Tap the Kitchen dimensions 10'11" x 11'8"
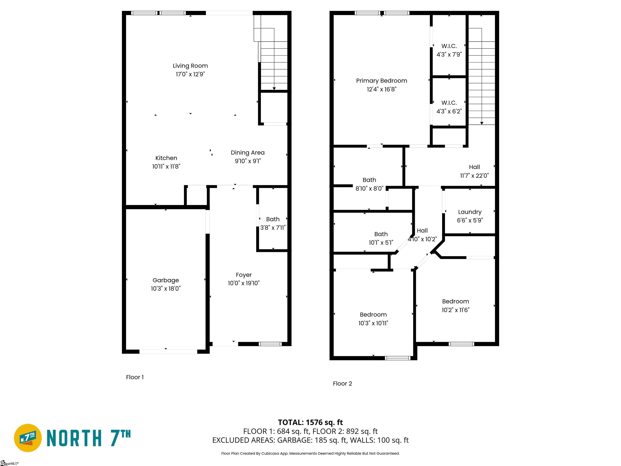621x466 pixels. click(x=166, y=166)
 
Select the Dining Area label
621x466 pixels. click(x=248, y=153)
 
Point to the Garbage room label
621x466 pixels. click(x=166, y=280)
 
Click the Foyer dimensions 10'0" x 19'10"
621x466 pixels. click(x=244, y=283)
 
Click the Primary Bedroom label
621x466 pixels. click(x=381, y=81)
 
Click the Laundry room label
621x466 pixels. click(x=470, y=212)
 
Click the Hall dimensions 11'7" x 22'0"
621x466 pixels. click(x=474, y=176)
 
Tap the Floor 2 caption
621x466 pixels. click(x=342, y=383)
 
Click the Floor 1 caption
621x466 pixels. click(x=135, y=377)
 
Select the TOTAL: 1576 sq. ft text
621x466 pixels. click(x=310, y=422)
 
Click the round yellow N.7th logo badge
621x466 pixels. click(x=28, y=438)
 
